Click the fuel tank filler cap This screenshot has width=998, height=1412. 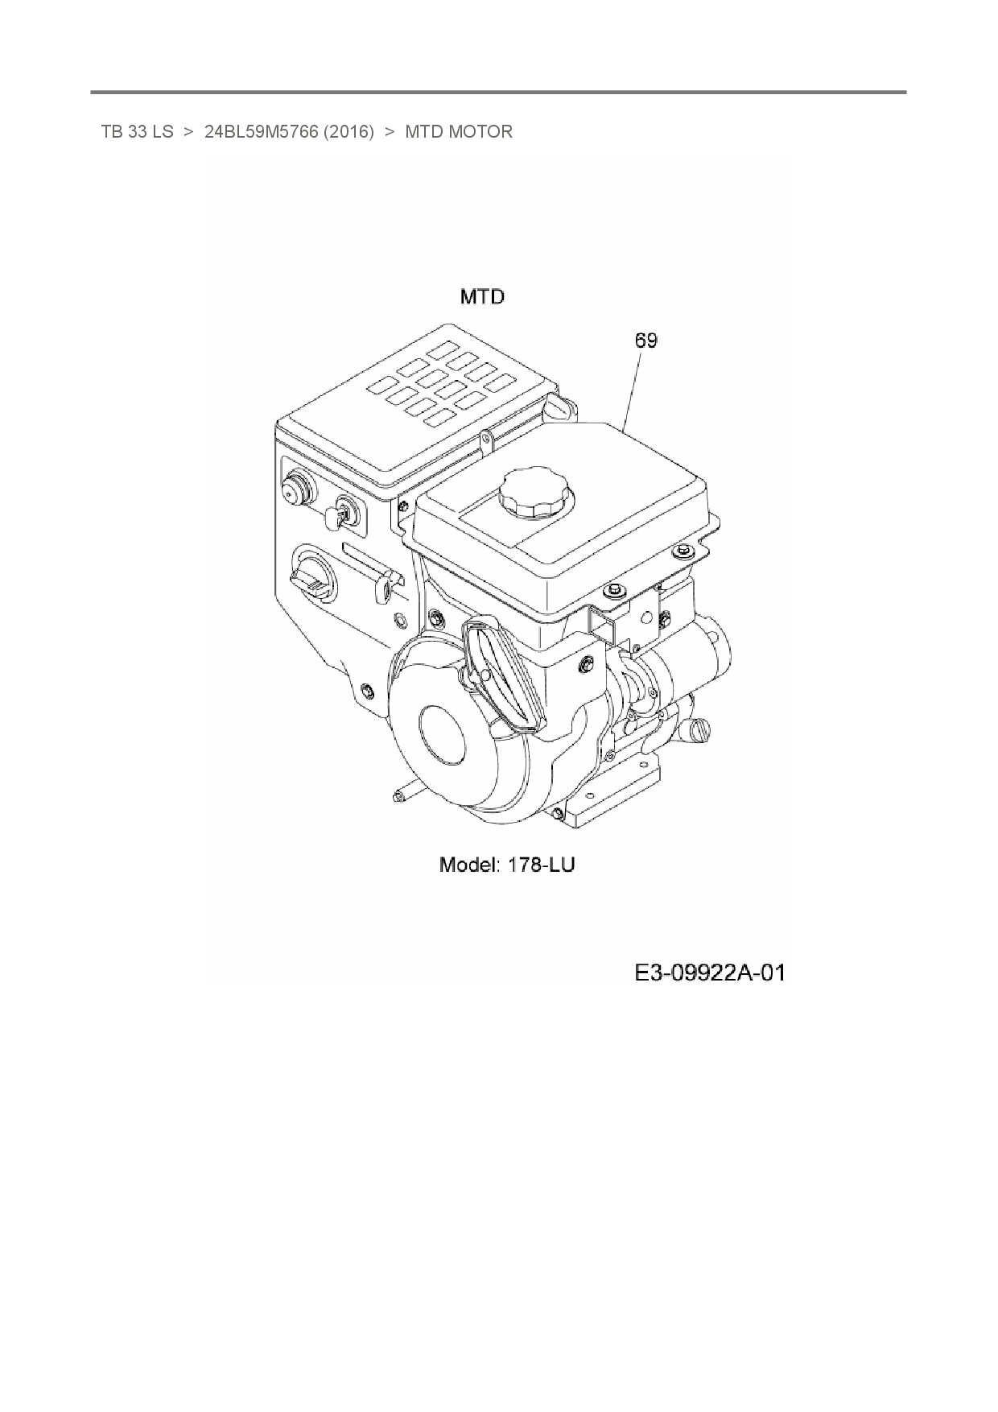pyautogui.click(x=532, y=492)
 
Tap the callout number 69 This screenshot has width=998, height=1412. pyautogui.click(x=645, y=341)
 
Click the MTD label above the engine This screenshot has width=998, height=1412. pyautogui.click(x=482, y=297)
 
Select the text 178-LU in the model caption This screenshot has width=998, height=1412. pyautogui.click(x=541, y=865)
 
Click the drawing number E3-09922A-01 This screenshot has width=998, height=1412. pyautogui.click(x=709, y=973)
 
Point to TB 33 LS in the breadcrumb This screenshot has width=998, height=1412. pyautogui.click(x=137, y=131)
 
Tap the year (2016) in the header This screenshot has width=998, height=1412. pyautogui.click(x=348, y=131)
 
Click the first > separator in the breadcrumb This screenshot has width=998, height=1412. pyautogui.click(x=188, y=131)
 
